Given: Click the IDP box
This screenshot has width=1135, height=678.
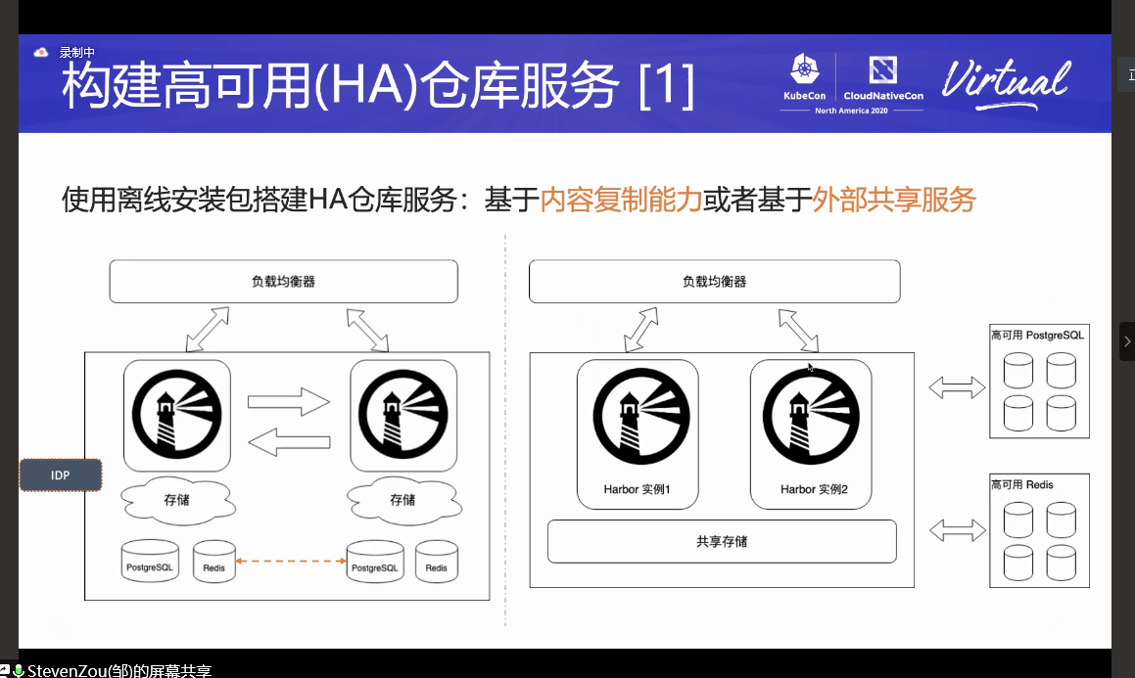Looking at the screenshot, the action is point(61,475).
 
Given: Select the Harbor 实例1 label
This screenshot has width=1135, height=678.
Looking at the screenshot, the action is point(637,489).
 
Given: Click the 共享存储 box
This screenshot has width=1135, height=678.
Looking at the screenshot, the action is point(722,541).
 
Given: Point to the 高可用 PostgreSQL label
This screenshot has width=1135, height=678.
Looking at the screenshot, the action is point(1037,336).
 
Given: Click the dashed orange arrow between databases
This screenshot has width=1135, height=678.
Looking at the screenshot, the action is point(292,561).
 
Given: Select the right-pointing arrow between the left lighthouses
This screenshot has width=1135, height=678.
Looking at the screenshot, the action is point(289,401).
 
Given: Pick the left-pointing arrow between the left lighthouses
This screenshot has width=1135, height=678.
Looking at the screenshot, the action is point(289,442).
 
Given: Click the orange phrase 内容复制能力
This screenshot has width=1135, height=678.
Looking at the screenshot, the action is point(621,200).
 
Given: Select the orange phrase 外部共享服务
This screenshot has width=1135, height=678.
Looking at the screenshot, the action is point(895,200).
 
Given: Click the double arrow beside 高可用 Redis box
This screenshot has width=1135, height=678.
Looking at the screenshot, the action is point(956,530).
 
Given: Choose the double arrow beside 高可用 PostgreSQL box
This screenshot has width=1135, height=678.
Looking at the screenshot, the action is point(956,387).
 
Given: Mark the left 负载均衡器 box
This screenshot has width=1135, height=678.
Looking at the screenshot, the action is point(283,282).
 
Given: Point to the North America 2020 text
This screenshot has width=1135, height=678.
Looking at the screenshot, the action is point(851,112).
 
